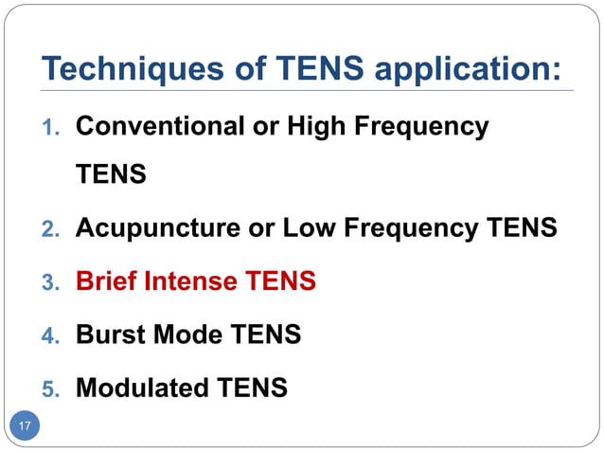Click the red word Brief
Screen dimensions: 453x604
pos(104,281)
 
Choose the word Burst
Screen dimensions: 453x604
pos(107,335)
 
